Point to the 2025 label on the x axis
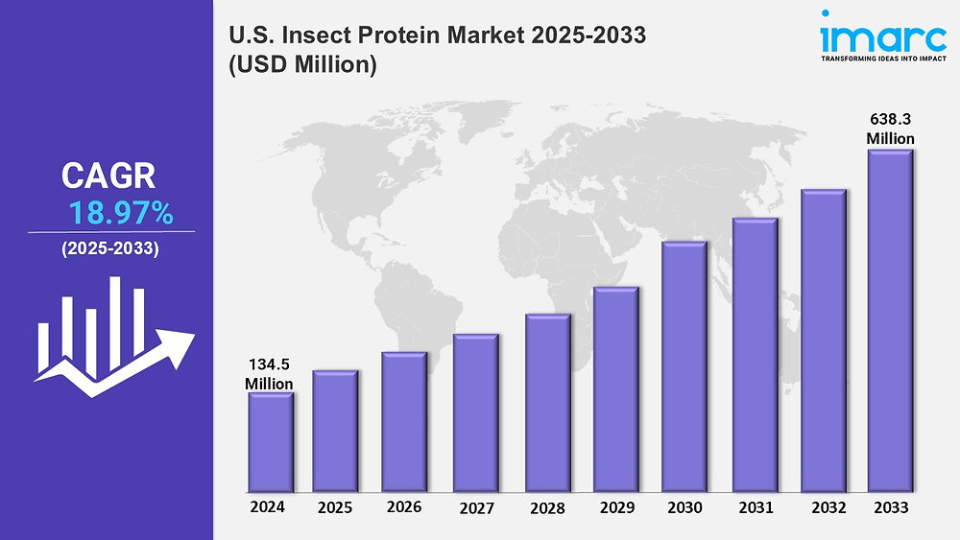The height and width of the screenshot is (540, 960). tap(335, 506)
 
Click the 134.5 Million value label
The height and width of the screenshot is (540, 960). tap(269, 373)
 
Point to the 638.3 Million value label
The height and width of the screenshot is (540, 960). tap(890, 129)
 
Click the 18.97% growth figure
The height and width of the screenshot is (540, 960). tap(120, 213)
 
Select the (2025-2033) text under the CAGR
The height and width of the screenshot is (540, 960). tap(110, 248)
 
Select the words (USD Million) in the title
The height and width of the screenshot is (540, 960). tap(301, 66)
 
